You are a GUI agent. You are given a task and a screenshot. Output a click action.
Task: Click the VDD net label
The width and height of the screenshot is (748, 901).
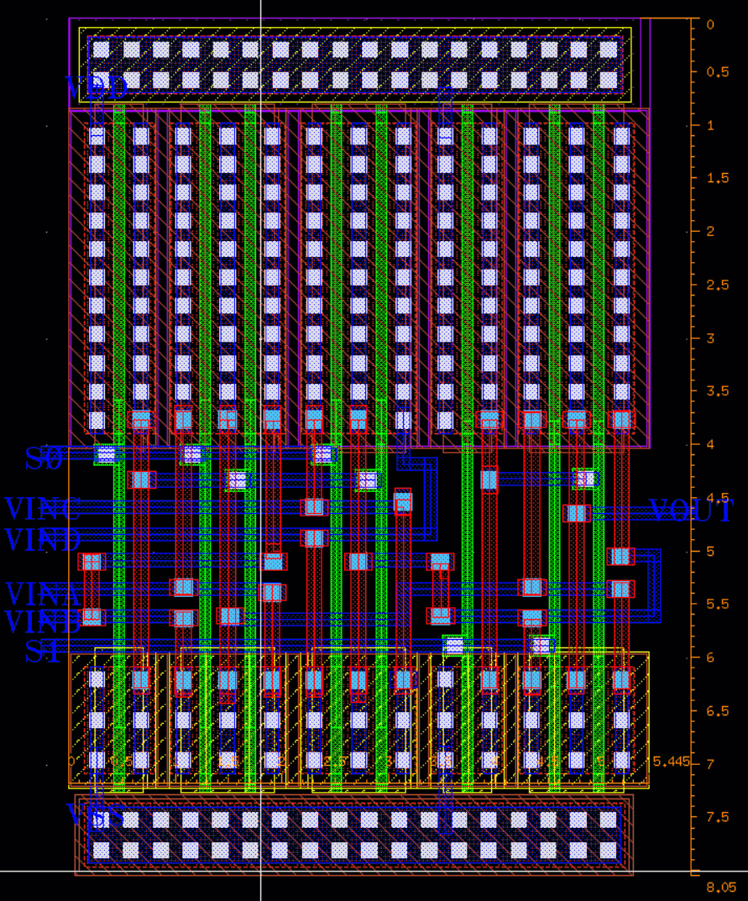coord(97,87)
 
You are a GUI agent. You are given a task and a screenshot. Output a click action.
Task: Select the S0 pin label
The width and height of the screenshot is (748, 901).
coord(44,458)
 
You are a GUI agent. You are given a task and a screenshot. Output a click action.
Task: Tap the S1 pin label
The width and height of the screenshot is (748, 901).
coord(44,651)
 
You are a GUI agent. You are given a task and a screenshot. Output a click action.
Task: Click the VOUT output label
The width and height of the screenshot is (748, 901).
coord(698,511)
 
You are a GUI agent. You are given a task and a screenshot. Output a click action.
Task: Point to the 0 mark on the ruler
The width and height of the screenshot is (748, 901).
coord(710,24)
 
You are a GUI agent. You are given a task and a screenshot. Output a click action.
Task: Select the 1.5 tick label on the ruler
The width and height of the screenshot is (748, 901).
coord(717,178)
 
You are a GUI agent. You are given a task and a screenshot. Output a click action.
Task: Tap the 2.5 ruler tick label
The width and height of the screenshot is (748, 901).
coord(717,285)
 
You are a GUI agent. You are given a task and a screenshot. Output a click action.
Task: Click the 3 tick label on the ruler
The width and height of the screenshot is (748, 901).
coord(710,338)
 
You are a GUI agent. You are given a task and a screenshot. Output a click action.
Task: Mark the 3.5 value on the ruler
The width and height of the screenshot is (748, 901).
coord(717,391)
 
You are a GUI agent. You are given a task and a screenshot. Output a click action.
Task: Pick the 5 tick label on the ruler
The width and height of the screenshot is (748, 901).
coord(710,552)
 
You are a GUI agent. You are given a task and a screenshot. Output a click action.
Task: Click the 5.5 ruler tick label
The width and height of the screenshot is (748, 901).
coord(717,605)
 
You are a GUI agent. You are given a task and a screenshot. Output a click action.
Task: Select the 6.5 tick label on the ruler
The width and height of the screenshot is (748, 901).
coord(717,711)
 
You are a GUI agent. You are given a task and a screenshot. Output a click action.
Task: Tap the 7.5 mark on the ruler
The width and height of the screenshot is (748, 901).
coord(717,818)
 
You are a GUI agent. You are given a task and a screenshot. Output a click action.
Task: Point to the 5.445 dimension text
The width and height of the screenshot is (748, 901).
coord(672,762)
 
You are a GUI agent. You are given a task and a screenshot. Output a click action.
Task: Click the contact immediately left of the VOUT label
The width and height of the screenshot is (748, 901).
coord(576,512)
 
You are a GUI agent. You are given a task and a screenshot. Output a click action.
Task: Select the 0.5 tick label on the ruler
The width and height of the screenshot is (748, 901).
coord(717,72)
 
